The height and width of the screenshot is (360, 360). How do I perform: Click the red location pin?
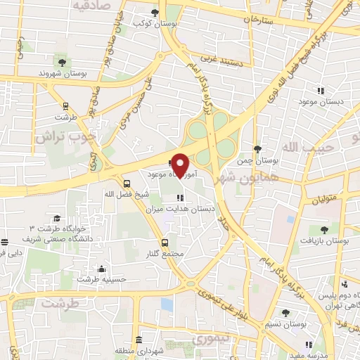coord(181,165)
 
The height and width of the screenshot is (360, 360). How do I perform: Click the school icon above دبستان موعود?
coord(321,91)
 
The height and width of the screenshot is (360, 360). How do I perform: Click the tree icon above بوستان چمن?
coord(257,149)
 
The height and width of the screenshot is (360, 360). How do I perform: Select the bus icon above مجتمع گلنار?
coord(164,241)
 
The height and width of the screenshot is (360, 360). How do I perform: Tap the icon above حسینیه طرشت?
coord(102,268)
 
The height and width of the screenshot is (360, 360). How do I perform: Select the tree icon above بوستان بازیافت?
coord(323,230)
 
